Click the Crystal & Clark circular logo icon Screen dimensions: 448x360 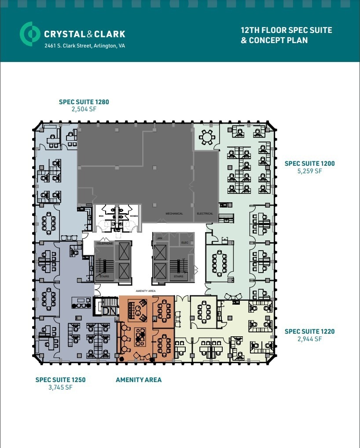[x=29, y=34]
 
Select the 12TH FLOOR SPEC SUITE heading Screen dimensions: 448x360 [x=286, y=30]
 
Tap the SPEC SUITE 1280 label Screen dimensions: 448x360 [x=84, y=102]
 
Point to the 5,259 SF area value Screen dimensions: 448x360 [x=309, y=171]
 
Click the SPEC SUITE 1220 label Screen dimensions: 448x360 [x=309, y=331]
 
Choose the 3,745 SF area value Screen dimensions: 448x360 [x=60, y=387]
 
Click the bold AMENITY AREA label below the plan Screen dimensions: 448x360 [x=138, y=379]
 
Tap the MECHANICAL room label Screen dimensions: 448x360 [x=174, y=214]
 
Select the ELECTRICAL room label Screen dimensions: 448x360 [x=205, y=214]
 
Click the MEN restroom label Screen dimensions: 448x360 [x=101, y=216]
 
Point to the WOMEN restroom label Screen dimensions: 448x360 [x=133, y=216]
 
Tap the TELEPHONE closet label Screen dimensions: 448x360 [x=105, y=243]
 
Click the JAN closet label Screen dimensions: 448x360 [x=160, y=238]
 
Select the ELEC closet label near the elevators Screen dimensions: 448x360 [x=184, y=242]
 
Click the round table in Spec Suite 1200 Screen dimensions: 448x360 [x=206, y=138]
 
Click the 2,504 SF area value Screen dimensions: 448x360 [x=84, y=109]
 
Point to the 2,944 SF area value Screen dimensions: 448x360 [x=309, y=339]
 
